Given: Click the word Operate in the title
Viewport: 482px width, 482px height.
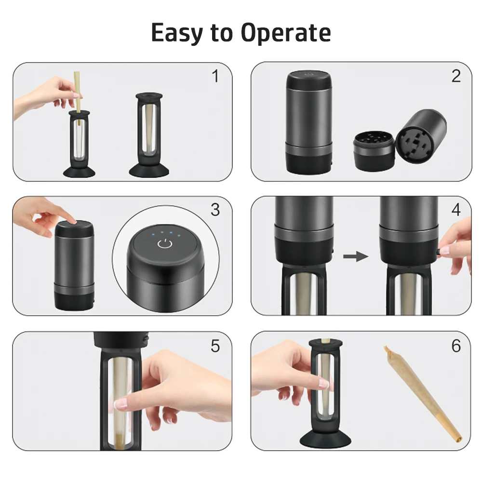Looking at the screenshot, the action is (x=285, y=33).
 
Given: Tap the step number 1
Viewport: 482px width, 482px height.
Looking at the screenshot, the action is (x=215, y=76).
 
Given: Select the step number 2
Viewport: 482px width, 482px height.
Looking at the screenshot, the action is (x=456, y=76).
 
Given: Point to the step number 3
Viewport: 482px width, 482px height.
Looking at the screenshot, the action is (x=215, y=210).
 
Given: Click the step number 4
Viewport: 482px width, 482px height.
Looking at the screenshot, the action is (x=456, y=210).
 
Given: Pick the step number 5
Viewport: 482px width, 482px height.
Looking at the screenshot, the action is (x=215, y=346).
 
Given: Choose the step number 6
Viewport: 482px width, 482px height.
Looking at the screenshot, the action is (x=456, y=346).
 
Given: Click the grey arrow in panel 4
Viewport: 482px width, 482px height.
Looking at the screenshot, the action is (x=356, y=256).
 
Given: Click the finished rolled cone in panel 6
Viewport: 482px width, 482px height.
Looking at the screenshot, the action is (x=423, y=394).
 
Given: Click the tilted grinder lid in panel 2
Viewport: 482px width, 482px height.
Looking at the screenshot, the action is (x=420, y=136).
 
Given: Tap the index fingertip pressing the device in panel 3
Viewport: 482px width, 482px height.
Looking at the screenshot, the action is (x=73, y=221).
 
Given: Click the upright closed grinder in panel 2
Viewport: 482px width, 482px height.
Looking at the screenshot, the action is (x=309, y=122).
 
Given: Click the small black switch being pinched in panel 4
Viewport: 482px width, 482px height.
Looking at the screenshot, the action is (x=440, y=252).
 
